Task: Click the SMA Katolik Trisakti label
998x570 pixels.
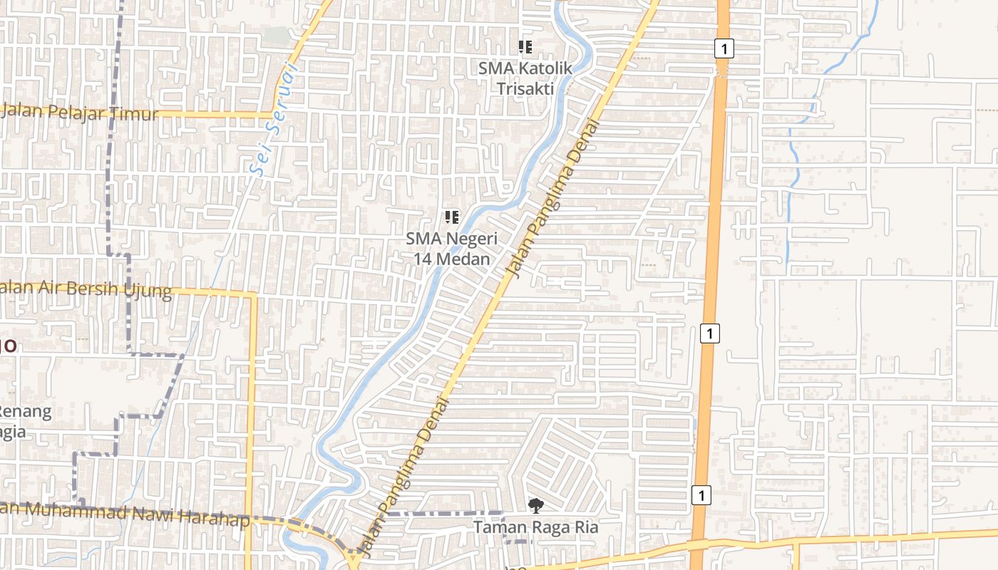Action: [x=525, y=78]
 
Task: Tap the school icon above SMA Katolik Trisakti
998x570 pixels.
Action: [x=525, y=48]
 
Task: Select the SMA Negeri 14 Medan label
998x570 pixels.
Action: [x=452, y=249]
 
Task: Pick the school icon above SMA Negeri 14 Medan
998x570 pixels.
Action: [x=451, y=217]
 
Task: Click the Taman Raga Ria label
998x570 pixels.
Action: [x=536, y=528]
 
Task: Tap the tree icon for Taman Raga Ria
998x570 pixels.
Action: [x=535, y=506]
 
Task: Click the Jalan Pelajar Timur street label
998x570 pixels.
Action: [x=80, y=113]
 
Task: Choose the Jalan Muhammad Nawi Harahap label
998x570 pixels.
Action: [x=125, y=514]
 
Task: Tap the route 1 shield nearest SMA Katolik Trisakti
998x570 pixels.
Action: [x=724, y=48]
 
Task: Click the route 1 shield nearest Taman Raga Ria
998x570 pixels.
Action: [x=701, y=495]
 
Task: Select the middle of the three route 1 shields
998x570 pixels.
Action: [x=709, y=333]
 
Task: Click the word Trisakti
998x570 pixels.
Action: [x=525, y=88]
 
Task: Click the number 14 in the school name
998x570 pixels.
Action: [x=423, y=259]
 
